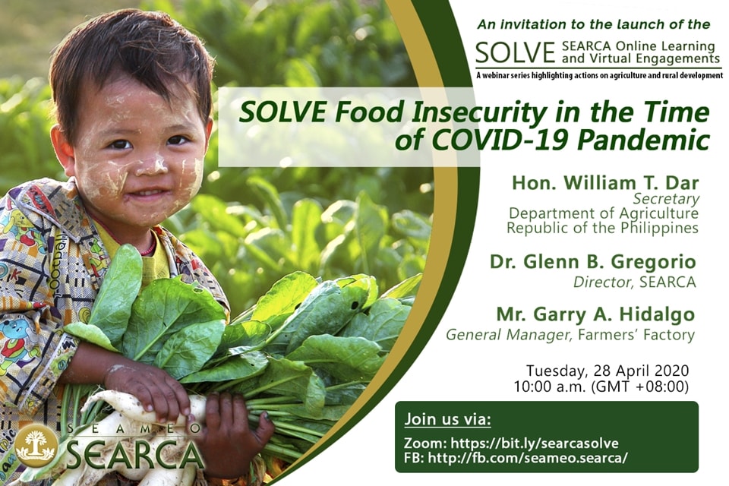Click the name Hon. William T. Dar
tap(605, 183)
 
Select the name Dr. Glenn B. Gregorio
tap(593, 262)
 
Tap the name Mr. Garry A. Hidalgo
tap(595, 314)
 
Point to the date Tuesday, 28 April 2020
tap(607, 371)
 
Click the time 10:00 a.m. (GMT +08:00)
tap(601, 387)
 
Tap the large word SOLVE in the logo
tap(515, 52)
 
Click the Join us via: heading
tap(447, 419)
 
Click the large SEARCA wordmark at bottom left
tap(135, 454)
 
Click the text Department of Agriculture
tap(604, 213)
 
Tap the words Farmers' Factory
tap(635, 334)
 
